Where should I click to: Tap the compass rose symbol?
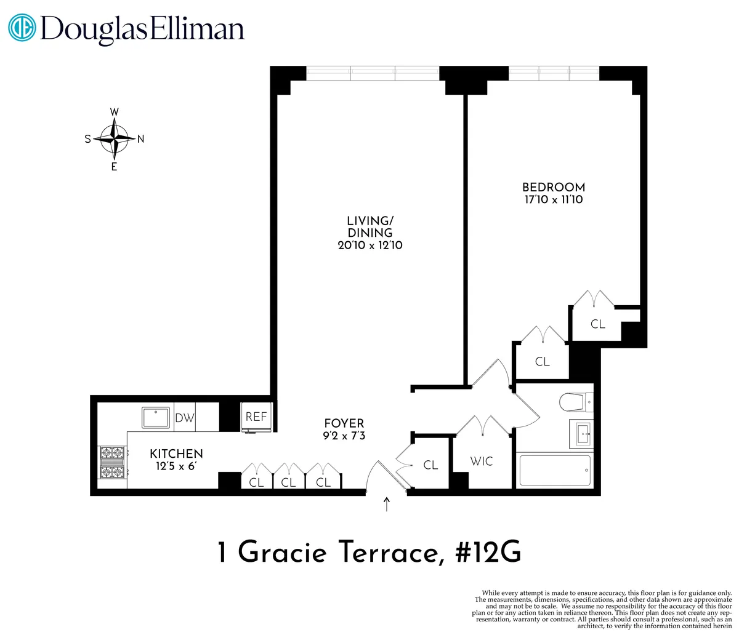[x=115, y=138]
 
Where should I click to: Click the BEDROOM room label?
[x=553, y=187]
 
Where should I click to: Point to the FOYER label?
[x=344, y=423]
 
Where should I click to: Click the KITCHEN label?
[x=176, y=454]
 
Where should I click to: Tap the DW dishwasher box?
[x=185, y=418]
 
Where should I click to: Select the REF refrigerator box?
[x=256, y=417]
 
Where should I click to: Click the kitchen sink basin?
[x=158, y=417]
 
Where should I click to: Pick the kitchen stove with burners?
[x=113, y=463]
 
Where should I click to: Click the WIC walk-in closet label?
[x=481, y=461]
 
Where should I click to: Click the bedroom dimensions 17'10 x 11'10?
[x=553, y=200]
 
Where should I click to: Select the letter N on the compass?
[x=140, y=139]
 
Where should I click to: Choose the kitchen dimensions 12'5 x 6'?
[x=176, y=466]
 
